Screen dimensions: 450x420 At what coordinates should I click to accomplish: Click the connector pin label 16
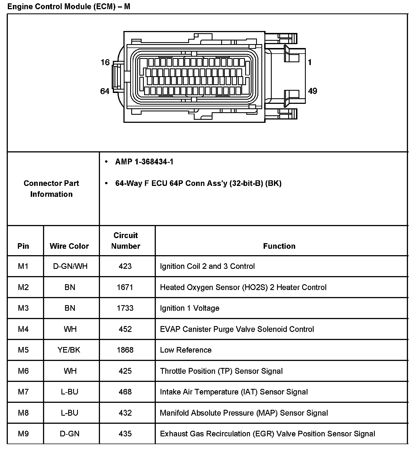(x=105, y=62)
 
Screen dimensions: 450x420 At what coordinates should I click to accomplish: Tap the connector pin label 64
(x=105, y=91)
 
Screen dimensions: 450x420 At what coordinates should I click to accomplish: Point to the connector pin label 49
(x=312, y=91)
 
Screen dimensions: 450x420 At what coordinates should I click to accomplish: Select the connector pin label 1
(x=309, y=62)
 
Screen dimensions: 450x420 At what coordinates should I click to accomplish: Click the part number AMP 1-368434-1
(x=144, y=162)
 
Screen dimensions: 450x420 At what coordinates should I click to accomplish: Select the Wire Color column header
(x=69, y=246)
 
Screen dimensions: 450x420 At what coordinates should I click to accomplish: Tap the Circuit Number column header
(x=125, y=241)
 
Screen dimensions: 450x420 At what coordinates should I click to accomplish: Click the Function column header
(x=279, y=246)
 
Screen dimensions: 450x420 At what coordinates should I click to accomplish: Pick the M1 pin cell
(x=23, y=266)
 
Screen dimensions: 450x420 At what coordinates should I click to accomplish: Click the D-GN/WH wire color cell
(x=70, y=266)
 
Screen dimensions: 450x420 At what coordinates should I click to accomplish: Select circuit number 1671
(x=125, y=287)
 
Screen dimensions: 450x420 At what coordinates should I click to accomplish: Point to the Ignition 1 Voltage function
(x=190, y=308)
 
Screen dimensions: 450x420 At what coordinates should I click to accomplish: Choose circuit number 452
(x=125, y=329)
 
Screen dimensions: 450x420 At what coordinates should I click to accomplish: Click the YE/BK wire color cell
(x=69, y=350)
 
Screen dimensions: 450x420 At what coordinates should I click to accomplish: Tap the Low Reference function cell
(x=186, y=350)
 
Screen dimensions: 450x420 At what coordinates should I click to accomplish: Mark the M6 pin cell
(x=23, y=371)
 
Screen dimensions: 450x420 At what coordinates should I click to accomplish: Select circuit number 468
(x=125, y=392)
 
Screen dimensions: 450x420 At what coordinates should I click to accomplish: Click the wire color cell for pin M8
(x=70, y=413)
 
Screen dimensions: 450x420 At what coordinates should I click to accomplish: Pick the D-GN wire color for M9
(x=70, y=434)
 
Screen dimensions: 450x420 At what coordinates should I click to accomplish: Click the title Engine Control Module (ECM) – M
(x=69, y=6)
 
